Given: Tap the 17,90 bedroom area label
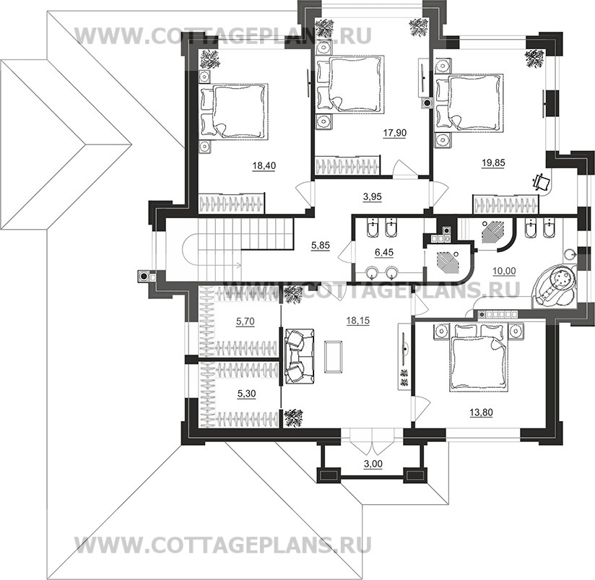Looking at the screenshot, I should point(392,133).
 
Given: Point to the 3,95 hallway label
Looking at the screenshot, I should point(372,195).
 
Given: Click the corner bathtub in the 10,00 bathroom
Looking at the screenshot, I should point(555,287).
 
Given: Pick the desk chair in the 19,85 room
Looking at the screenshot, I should point(539,180).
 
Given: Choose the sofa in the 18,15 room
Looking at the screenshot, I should point(296,355).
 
